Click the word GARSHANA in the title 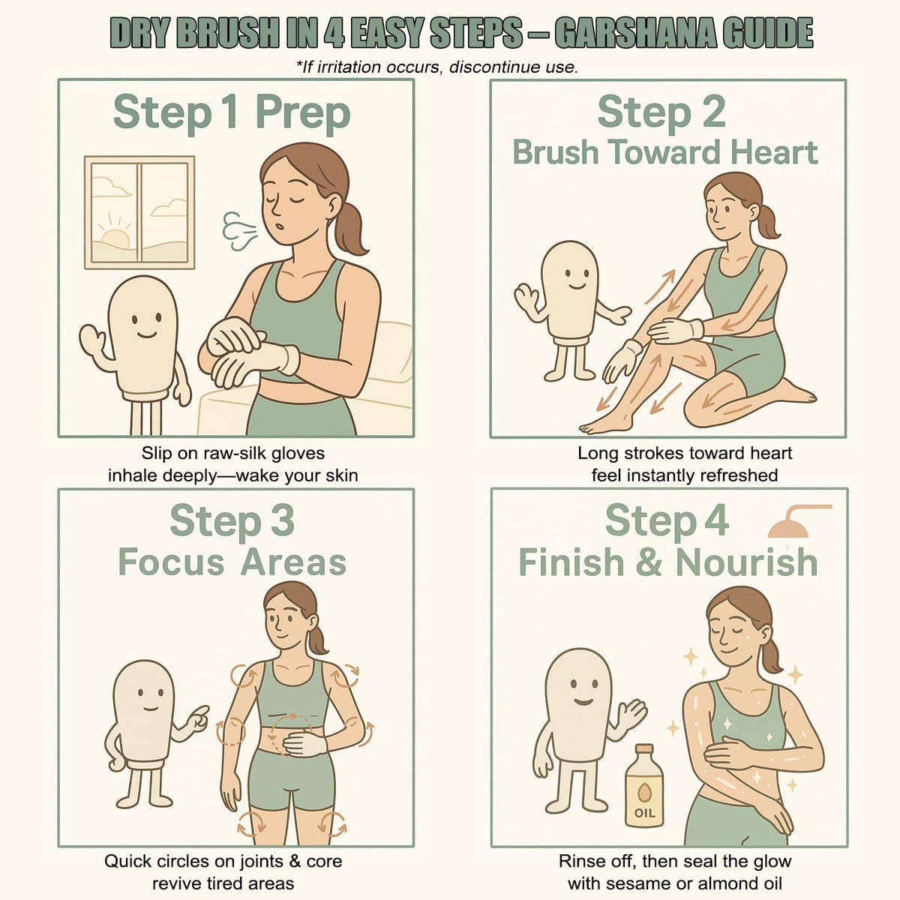pos(635,33)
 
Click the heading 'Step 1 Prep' pos(232,112)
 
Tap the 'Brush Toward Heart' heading pos(665,152)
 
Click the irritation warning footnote pos(437,67)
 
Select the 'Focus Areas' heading pos(232,562)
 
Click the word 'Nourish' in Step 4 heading pos(746,562)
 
